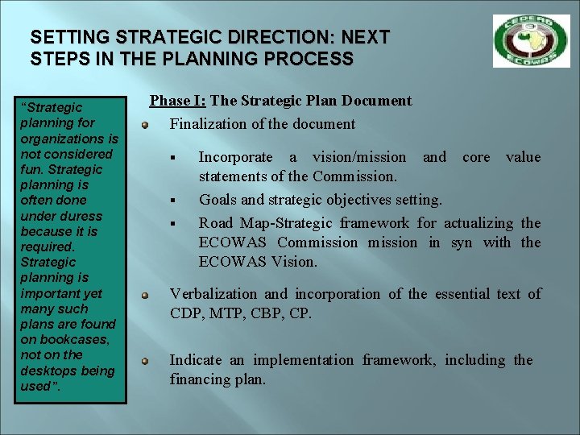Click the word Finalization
coord(208,124)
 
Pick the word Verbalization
coord(213,294)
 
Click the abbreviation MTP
coord(226,313)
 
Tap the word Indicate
coord(197,360)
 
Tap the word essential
coord(464,294)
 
